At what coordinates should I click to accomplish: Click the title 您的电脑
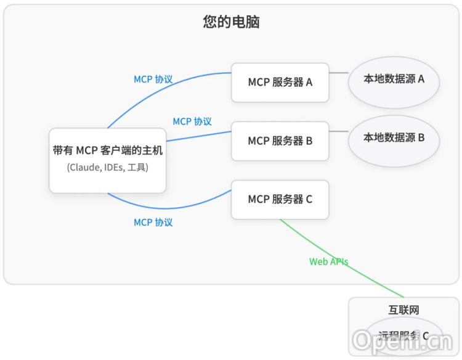[x=231, y=22]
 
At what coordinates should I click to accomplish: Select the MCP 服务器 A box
[x=280, y=82]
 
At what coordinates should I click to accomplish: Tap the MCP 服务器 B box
[x=280, y=141]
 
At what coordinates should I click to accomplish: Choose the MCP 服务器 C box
[x=280, y=199]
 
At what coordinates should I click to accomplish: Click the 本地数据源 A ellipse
[x=394, y=79]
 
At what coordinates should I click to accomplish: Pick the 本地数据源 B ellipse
[x=394, y=137]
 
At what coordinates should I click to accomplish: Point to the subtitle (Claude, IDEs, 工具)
[x=108, y=167]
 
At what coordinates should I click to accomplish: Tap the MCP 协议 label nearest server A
[x=153, y=80]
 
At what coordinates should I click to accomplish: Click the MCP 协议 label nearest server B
[x=192, y=121]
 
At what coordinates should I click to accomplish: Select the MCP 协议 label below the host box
[x=153, y=222]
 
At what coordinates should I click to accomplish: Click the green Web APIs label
[x=328, y=261]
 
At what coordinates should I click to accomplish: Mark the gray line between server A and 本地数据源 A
[x=338, y=73]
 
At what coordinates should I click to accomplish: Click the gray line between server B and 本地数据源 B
[x=338, y=131]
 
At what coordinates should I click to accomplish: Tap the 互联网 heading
[x=403, y=310]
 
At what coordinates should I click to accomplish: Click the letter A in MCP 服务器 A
[x=309, y=82]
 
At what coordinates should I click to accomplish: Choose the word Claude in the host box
[x=83, y=167]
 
